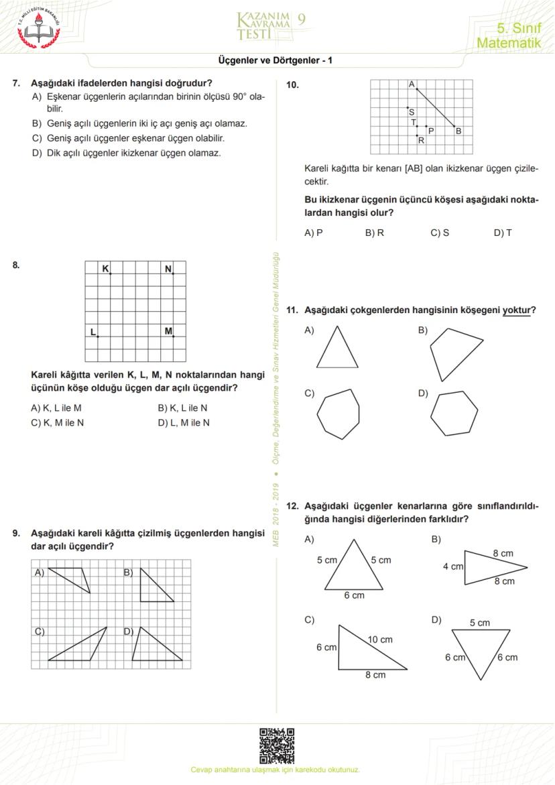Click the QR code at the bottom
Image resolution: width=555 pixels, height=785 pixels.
coord(277,745)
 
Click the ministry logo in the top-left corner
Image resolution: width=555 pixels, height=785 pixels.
coord(38,27)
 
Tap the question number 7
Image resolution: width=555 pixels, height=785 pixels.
coord(16,84)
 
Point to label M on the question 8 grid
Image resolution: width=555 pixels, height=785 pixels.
coord(168,331)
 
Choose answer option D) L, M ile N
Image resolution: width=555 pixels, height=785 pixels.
coord(184,423)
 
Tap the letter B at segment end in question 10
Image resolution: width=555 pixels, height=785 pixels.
coord(458,131)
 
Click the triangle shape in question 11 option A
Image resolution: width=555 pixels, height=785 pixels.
coord(337,348)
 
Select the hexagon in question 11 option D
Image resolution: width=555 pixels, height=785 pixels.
coord(454,414)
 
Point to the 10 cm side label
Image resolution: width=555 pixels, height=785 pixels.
coord(381,640)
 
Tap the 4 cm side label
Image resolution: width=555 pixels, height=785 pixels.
coord(452,566)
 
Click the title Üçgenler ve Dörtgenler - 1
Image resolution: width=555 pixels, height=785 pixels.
coord(275,60)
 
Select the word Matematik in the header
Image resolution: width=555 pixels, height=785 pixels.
coord(508,43)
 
